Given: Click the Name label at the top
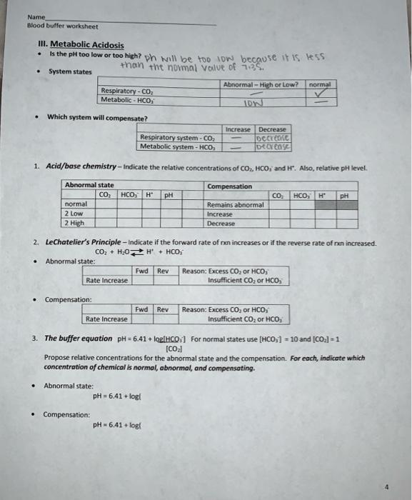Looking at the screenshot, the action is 35,16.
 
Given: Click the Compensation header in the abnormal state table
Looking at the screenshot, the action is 229,186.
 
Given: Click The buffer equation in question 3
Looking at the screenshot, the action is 77,338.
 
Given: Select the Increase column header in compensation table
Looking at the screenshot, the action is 238,129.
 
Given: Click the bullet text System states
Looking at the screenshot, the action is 70,71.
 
